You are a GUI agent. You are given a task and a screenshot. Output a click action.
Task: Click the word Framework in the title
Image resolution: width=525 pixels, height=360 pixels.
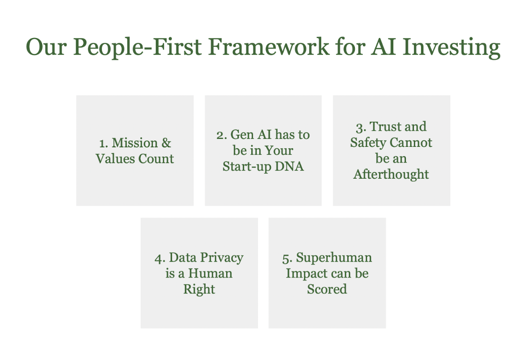[269, 47]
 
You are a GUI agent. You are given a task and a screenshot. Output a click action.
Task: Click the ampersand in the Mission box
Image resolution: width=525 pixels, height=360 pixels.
[166, 143]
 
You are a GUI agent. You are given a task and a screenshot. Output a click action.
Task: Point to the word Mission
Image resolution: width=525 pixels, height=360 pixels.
[134, 143]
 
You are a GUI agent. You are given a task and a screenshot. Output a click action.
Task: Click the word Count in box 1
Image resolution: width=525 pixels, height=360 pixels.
[156, 159]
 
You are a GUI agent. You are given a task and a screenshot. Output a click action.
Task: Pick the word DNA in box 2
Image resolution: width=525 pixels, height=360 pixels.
[289, 166]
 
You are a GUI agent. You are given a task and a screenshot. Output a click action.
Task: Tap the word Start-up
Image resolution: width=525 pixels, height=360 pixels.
[247, 167]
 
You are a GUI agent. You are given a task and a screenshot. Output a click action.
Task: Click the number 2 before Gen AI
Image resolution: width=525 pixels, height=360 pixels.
[222, 135]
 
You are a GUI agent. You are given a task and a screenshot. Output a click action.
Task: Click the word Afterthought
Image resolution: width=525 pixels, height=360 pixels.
[391, 174]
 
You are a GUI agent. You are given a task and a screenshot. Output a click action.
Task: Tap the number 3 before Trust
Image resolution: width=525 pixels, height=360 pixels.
[361, 127]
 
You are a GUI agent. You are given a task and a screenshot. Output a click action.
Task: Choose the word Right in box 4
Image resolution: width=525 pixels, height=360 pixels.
[199, 289]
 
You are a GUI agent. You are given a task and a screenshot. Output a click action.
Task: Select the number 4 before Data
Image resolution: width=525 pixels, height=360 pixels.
[160, 259]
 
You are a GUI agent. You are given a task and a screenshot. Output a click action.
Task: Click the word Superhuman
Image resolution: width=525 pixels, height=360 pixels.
[334, 258]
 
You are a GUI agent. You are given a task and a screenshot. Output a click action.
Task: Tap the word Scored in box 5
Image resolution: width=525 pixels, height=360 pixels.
[327, 289]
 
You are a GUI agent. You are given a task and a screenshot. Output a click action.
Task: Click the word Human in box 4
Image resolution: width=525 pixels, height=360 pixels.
[210, 273]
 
